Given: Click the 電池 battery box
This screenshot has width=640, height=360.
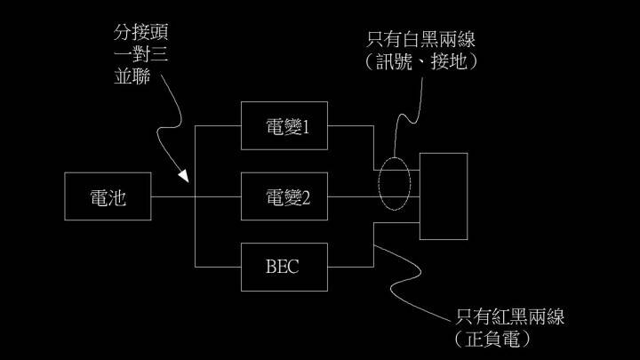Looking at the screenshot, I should pyautogui.click(x=108, y=196).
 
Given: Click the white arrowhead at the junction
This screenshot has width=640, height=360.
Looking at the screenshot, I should pyautogui.click(x=184, y=178).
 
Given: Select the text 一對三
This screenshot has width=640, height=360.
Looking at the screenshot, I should pyautogui.click(x=137, y=55).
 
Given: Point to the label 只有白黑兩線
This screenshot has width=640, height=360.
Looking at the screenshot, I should pyautogui.click(x=427, y=41).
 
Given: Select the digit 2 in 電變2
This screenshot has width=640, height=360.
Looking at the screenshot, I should pyautogui.click(x=306, y=197).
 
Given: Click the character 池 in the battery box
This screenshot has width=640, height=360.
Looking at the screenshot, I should pyautogui.click(x=117, y=196).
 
